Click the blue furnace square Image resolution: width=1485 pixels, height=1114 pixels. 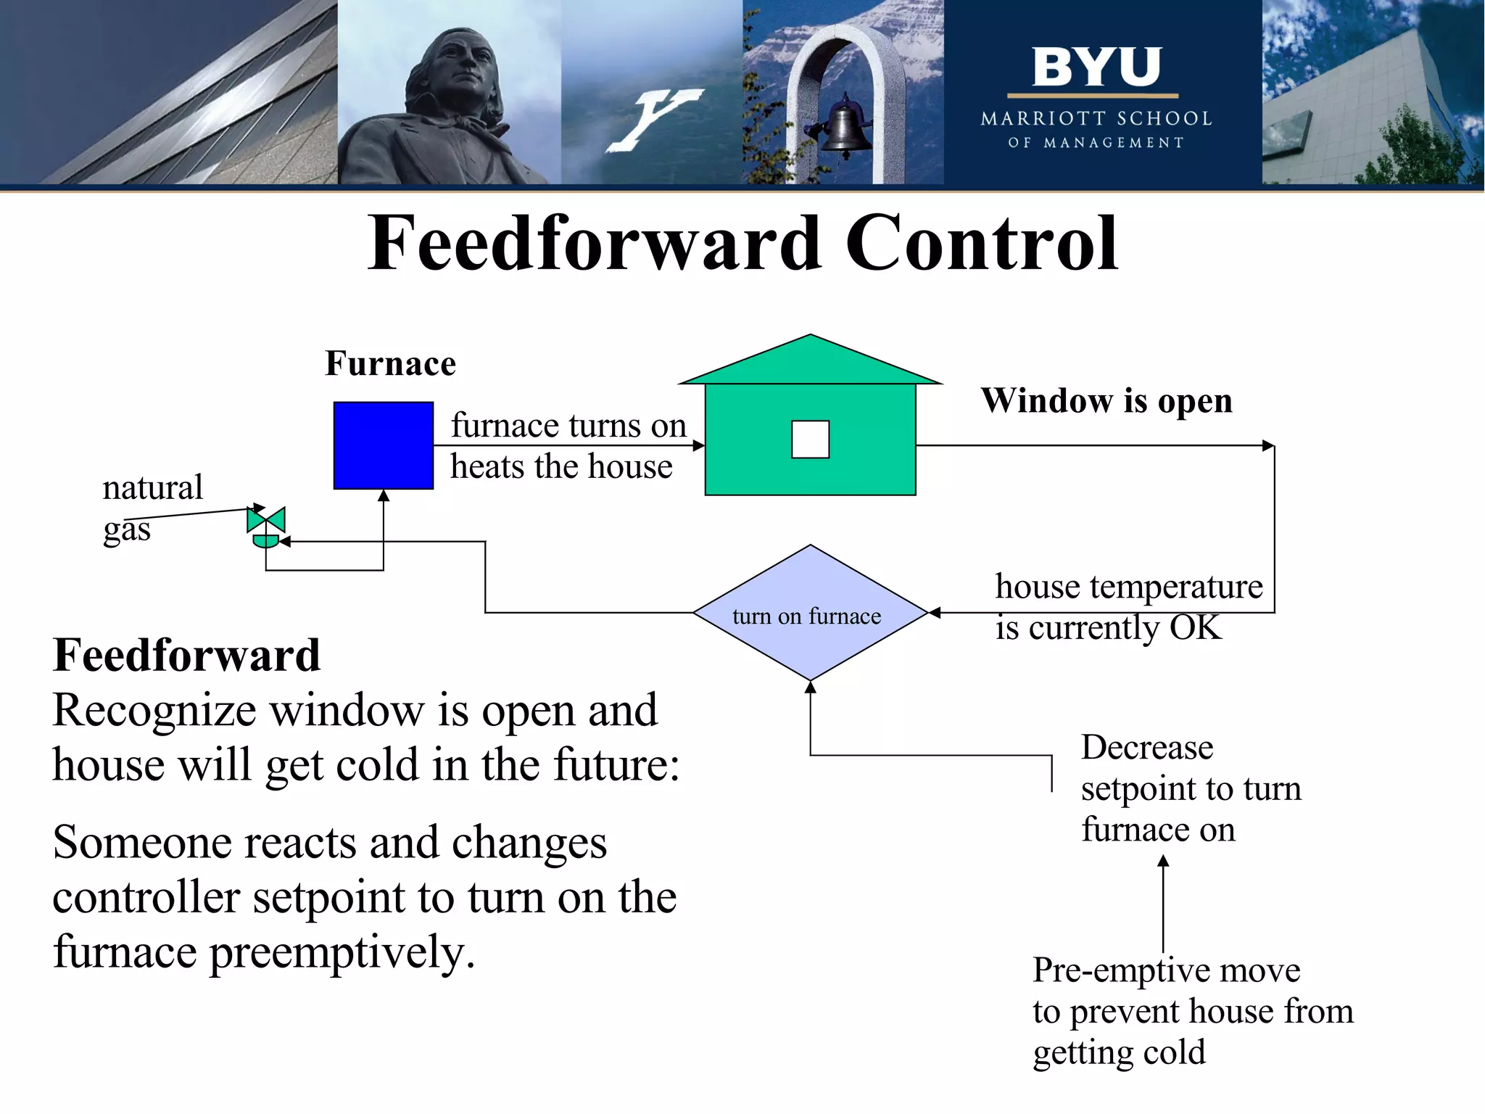(x=383, y=445)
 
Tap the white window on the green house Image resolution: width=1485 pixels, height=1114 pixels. (x=810, y=439)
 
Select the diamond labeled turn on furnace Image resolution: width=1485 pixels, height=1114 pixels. (x=809, y=614)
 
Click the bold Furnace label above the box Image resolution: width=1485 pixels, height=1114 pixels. (x=390, y=363)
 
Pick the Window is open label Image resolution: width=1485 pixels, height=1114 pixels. (x=1106, y=401)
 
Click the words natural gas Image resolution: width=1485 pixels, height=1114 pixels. (x=152, y=507)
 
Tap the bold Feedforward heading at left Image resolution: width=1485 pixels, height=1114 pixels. (x=186, y=655)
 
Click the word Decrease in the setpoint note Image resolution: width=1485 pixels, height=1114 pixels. (x=1146, y=747)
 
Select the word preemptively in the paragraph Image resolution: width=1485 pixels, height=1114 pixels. (x=342, y=952)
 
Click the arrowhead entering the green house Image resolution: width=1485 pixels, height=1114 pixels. (x=699, y=445)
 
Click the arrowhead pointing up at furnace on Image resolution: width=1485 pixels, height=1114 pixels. (x=1163, y=861)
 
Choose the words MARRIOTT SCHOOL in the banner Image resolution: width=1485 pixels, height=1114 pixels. (x=1096, y=118)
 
